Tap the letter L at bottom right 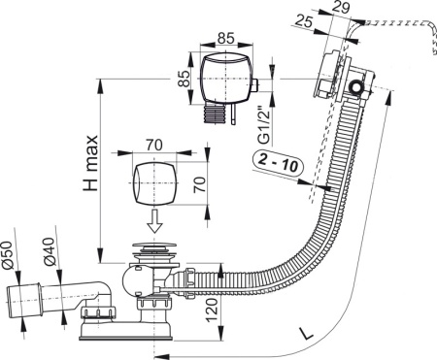pos(309,333)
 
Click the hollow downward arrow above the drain pos(151,223)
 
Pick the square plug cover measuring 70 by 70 pos(150,181)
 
